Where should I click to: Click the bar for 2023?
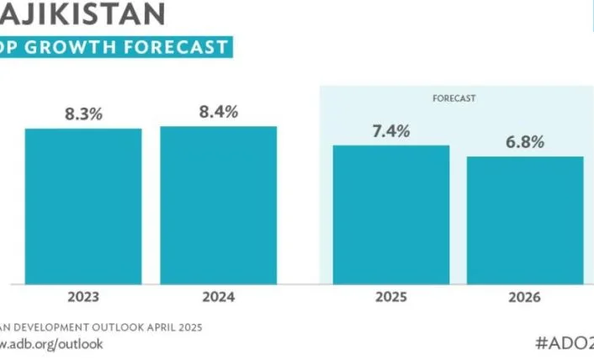tap(83, 206)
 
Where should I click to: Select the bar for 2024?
tap(219, 205)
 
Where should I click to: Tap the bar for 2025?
tap(391, 214)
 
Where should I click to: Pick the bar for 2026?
tap(525, 220)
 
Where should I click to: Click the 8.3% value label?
tap(83, 114)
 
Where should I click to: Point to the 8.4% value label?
tap(219, 111)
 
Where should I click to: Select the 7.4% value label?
tap(391, 130)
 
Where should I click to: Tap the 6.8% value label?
tap(525, 141)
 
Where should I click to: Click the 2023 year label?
tap(83, 298)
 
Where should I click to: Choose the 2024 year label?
tap(219, 298)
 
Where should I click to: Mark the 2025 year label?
tap(391, 298)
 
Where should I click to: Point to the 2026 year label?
tap(525, 298)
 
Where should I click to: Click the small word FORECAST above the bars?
tap(454, 98)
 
